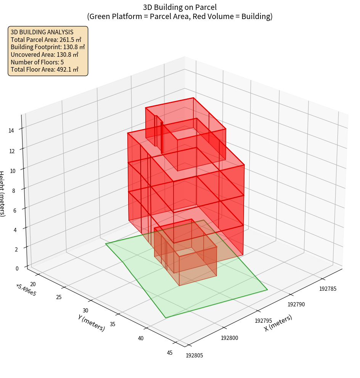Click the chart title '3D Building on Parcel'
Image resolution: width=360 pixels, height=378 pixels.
(x=180, y=7)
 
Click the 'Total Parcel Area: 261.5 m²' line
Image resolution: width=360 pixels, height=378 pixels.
(x=46, y=40)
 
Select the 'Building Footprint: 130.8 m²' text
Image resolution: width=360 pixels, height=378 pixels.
(x=48, y=47)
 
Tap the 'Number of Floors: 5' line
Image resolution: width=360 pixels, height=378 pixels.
(x=37, y=62)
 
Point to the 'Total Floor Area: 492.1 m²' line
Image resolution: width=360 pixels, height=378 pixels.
(x=45, y=70)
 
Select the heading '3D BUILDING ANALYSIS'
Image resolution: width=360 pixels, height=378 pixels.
(x=42, y=32)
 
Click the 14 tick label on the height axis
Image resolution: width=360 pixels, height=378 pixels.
(x=11, y=131)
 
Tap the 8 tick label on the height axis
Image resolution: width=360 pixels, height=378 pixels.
(x=13, y=191)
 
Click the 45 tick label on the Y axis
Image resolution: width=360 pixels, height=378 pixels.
(x=170, y=353)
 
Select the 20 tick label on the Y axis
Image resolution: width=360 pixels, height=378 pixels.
(x=33, y=284)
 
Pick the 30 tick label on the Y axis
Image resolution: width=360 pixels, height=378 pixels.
(x=85, y=311)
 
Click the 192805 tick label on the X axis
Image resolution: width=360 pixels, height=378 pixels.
(x=194, y=356)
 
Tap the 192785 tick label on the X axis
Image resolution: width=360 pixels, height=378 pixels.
(x=328, y=288)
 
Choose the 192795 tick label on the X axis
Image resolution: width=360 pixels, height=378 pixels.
(x=263, y=321)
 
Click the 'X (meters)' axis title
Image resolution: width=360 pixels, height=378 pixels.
(x=278, y=323)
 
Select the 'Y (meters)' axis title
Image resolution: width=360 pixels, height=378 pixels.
(x=92, y=322)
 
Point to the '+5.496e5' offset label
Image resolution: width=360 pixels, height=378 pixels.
(x=26, y=290)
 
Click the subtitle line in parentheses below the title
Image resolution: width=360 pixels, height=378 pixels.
(x=180, y=16)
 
